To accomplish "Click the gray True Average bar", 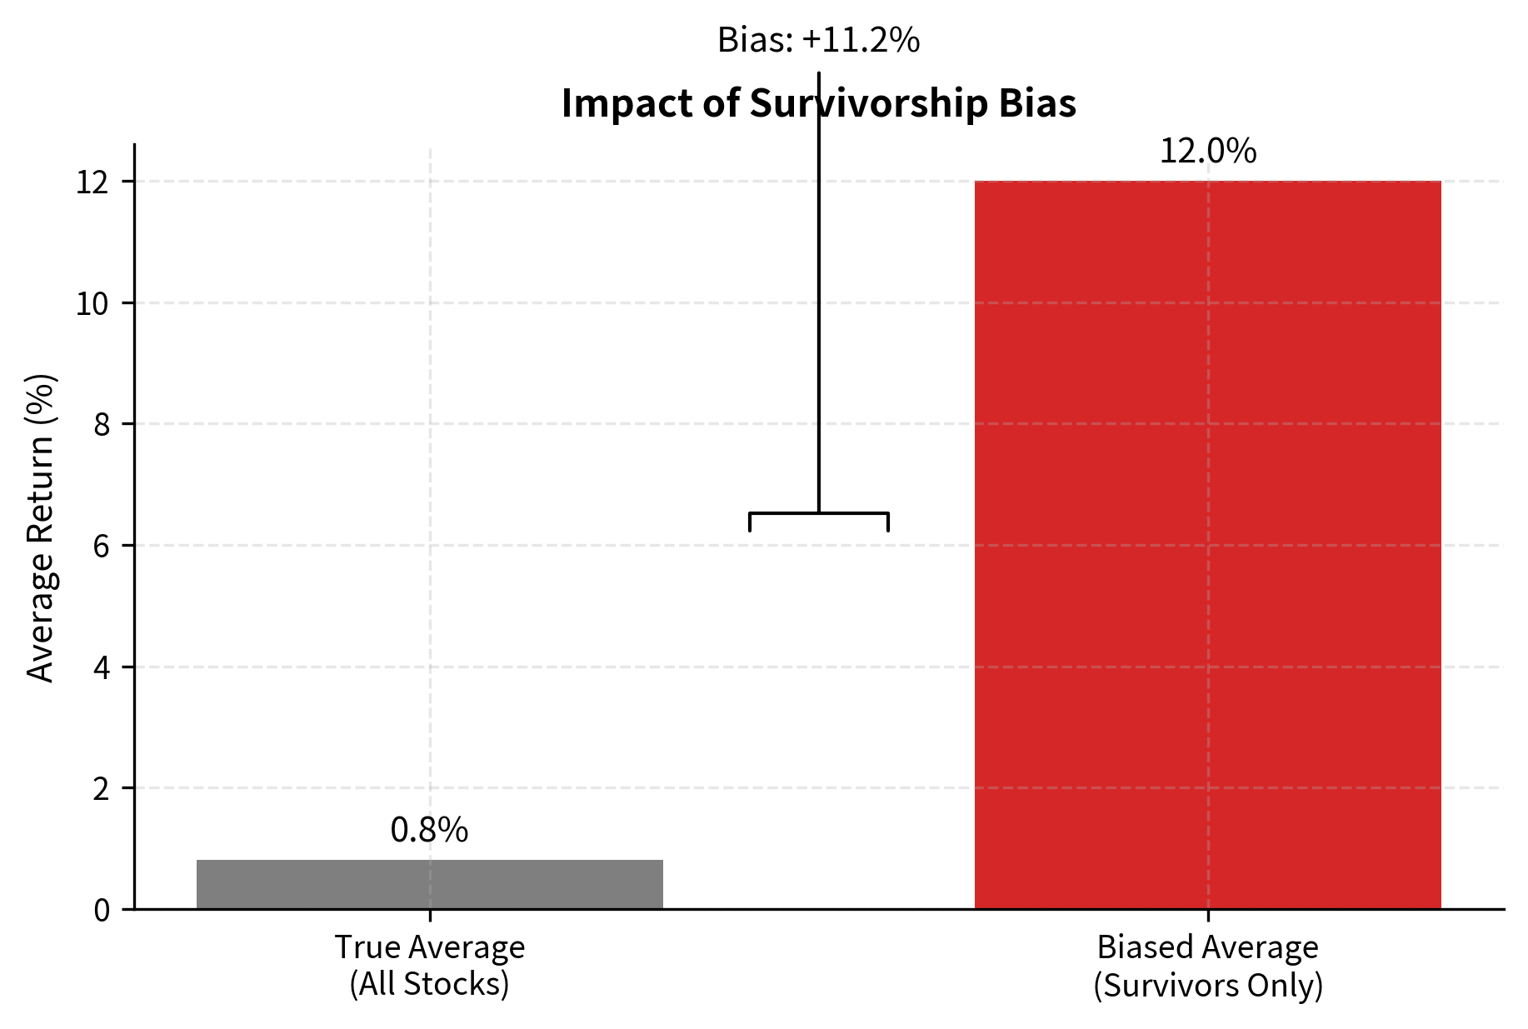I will click(x=429, y=884).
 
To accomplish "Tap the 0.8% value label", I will click(x=429, y=830).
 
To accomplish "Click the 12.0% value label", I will click(x=1207, y=152).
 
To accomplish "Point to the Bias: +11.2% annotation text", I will click(x=818, y=40).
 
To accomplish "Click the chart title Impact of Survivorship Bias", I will click(x=818, y=103).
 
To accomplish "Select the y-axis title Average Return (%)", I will click(x=40, y=528).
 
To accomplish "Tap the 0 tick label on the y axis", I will click(x=101, y=910).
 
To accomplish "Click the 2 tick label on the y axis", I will click(x=101, y=788).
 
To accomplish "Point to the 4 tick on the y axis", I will click(x=101, y=667).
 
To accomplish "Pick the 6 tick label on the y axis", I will click(x=101, y=547).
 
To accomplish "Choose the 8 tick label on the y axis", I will click(x=101, y=425).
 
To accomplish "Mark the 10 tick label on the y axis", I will click(x=92, y=304).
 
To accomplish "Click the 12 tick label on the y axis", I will click(x=92, y=182).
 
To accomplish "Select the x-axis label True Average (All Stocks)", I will click(x=429, y=966).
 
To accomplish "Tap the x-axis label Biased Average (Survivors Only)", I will click(x=1207, y=966).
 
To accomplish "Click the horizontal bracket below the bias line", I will click(x=818, y=513).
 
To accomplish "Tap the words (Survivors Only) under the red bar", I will click(x=1207, y=985).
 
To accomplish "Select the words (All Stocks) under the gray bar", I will click(x=429, y=984).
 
